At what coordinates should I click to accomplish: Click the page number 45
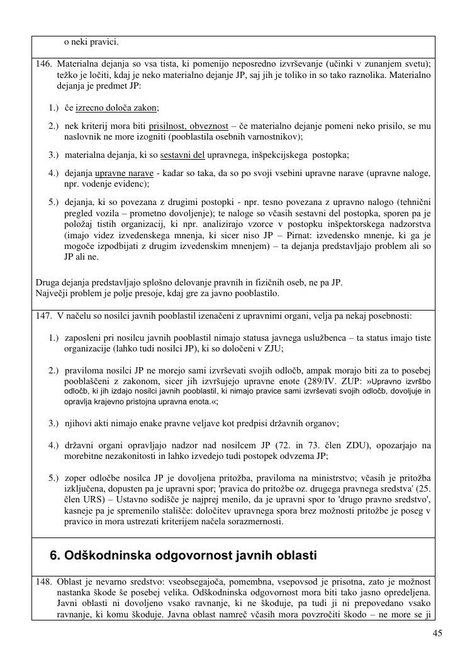(x=437, y=633)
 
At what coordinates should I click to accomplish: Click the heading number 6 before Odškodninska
(x=55, y=556)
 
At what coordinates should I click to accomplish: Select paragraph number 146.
(x=43, y=64)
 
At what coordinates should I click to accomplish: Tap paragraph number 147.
(x=43, y=316)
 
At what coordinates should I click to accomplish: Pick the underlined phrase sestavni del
(x=183, y=155)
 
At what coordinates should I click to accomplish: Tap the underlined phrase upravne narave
(x=124, y=174)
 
